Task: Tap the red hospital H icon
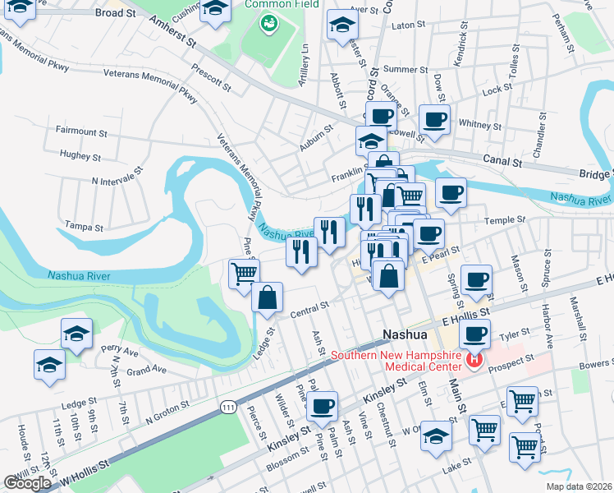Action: tap(474, 360)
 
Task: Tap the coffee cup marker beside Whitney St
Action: tap(434, 120)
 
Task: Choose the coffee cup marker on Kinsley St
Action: tap(323, 403)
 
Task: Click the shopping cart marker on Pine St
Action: tap(243, 273)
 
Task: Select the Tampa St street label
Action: tap(85, 227)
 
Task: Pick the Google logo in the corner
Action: tap(27, 483)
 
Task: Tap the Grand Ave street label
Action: tap(147, 371)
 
